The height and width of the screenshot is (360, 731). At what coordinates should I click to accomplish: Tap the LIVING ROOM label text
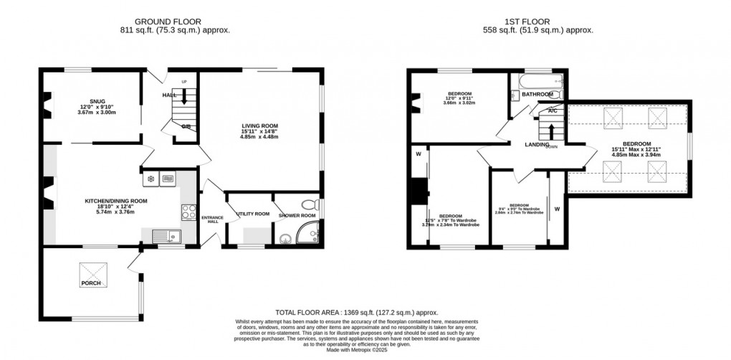(259, 126)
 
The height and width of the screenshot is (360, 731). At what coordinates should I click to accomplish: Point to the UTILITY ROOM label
(253, 214)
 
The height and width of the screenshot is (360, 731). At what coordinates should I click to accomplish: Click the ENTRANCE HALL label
(213, 219)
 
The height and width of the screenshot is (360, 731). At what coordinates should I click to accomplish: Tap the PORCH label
(91, 283)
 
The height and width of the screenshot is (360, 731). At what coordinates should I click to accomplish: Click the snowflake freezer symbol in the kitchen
(150, 179)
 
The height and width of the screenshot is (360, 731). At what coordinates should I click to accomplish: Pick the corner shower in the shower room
(310, 232)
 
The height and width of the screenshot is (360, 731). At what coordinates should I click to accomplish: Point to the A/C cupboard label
(553, 111)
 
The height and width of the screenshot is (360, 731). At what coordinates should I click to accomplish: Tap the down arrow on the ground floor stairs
(184, 96)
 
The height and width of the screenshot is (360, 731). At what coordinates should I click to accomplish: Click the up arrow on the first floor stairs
(550, 132)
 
